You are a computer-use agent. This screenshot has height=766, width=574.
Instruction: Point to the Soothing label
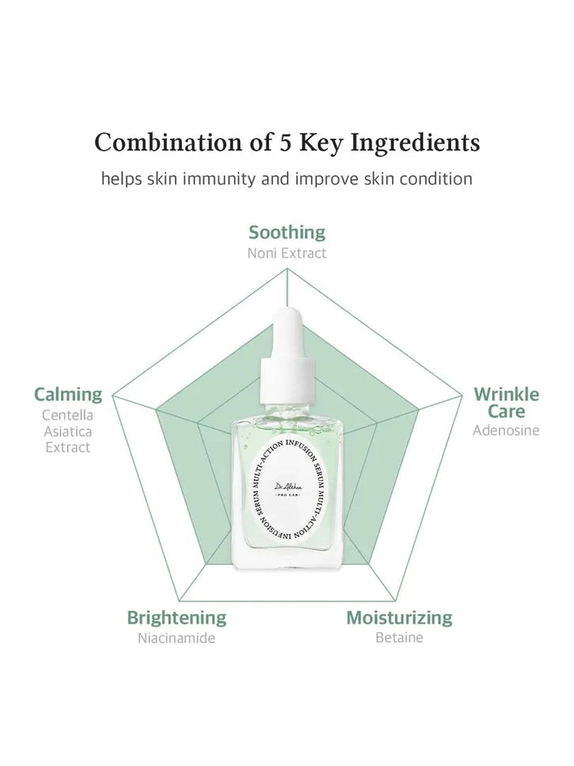coord(287,232)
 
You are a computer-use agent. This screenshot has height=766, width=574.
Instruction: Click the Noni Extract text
coord(287,253)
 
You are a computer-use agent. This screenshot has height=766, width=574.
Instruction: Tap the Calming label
coord(68,393)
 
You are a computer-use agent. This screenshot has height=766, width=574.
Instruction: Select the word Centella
coord(67,415)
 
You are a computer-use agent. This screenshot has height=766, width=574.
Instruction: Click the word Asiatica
coord(67,431)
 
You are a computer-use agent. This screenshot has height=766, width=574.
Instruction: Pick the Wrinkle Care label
coord(506,402)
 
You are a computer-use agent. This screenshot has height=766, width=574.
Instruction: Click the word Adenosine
coord(506,430)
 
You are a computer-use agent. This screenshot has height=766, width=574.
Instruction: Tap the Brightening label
coord(177,617)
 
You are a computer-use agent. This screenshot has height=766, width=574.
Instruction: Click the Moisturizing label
coord(399,617)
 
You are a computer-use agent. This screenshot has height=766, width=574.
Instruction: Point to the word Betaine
coord(399,638)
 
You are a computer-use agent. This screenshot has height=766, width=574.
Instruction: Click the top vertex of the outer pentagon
coord(287,269)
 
